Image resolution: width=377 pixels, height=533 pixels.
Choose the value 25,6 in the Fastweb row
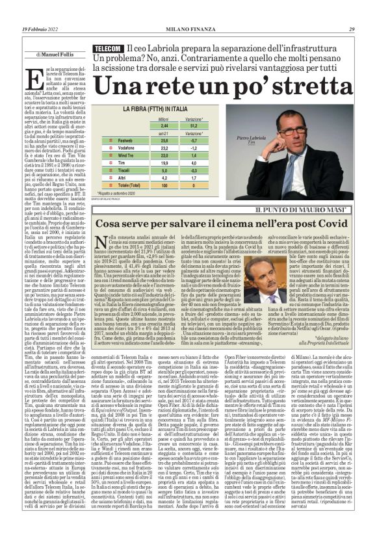[x=164, y=140]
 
